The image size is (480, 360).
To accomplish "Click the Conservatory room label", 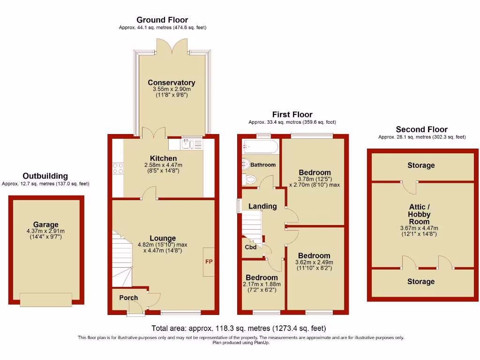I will (x=171, y=82).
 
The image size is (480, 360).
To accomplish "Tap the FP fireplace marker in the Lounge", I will (x=209, y=261).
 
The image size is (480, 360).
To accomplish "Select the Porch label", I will (x=128, y=298).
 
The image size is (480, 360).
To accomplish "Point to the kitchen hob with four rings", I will (x=117, y=168).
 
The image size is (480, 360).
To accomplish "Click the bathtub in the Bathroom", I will (x=260, y=147).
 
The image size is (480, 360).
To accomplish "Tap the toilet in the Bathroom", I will (x=249, y=179).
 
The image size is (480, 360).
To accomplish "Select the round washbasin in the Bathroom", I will (x=245, y=163).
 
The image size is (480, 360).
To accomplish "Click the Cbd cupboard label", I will (x=251, y=247).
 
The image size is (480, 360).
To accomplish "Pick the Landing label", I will (x=262, y=206).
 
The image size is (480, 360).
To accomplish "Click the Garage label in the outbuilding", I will (x=46, y=224).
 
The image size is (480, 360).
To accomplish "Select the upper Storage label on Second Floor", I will (x=420, y=165).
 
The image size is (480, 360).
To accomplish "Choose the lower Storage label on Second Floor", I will (x=420, y=281).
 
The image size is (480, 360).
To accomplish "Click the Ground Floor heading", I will (x=162, y=20).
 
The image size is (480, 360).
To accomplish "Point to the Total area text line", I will (x=239, y=328).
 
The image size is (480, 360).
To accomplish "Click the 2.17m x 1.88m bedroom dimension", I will (x=262, y=284).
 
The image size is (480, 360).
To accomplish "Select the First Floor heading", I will (x=292, y=114).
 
